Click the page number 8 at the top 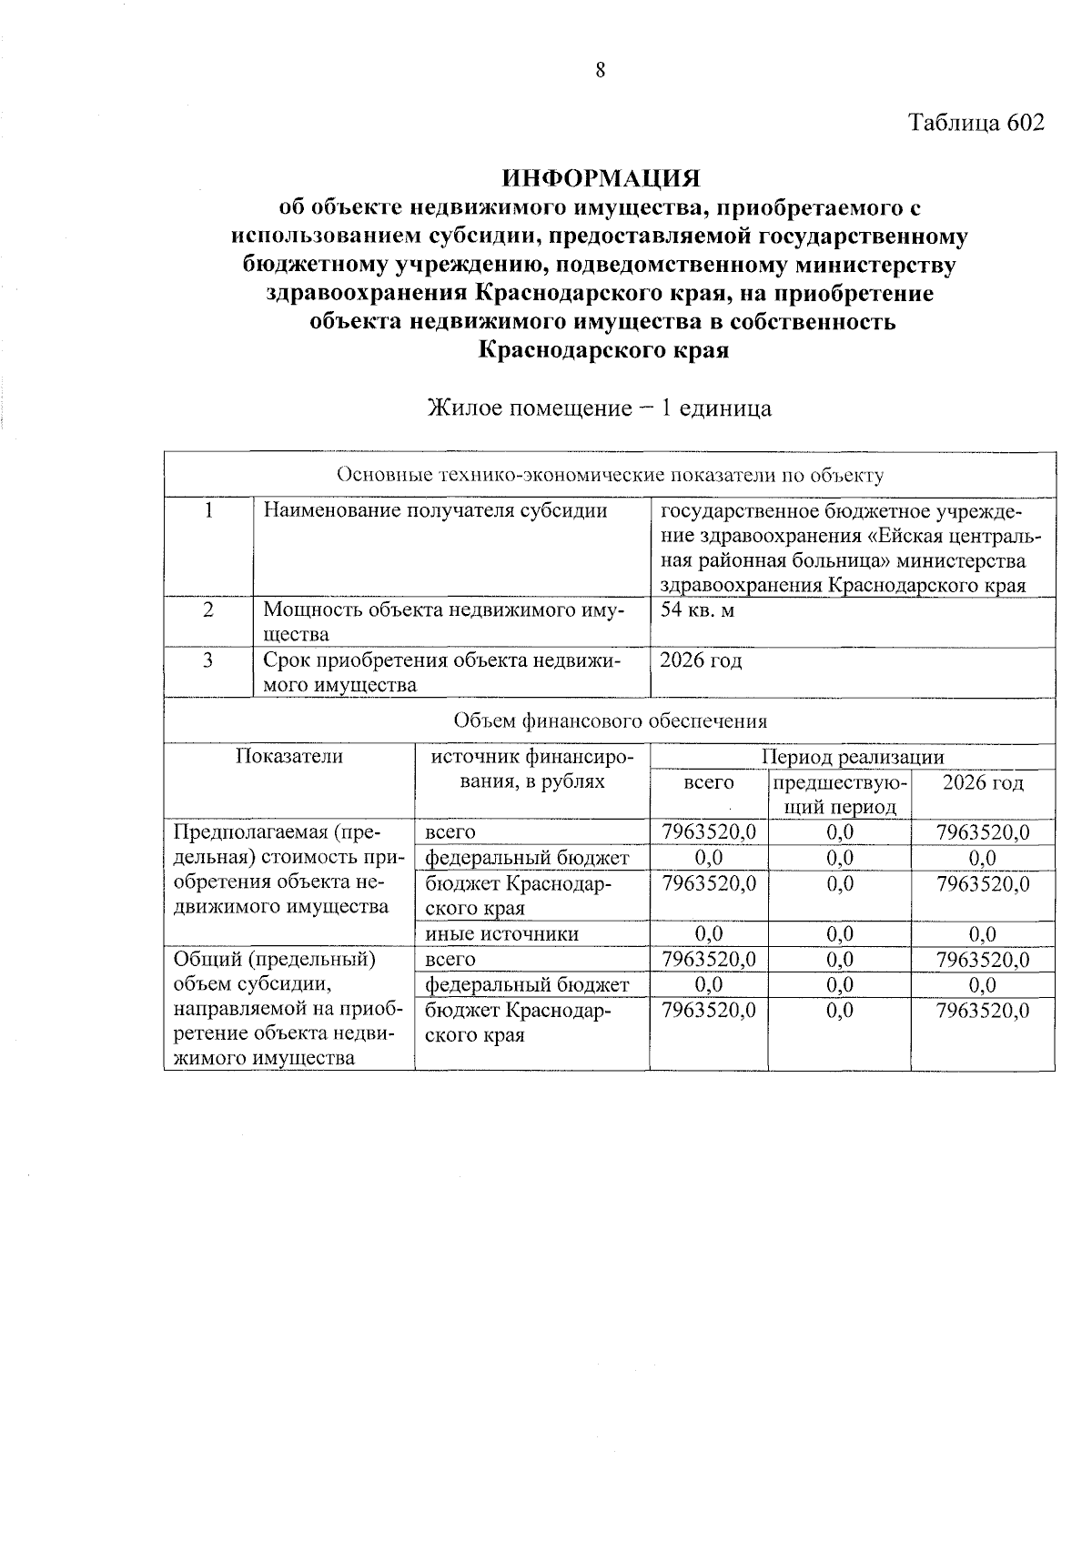[x=601, y=71]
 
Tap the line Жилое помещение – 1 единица [x=601, y=408]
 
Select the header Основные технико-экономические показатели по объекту [x=610, y=475]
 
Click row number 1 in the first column [x=208, y=510]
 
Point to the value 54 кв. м [x=697, y=610]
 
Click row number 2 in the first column [x=208, y=610]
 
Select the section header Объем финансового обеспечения [x=610, y=721]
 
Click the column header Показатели [x=289, y=757]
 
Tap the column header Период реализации [x=853, y=757]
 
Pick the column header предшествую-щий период [x=839, y=795]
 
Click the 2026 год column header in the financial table [x=983, y=783]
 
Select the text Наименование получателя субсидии [x=435, y=510]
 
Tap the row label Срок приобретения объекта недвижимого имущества [x=442, y=673]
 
